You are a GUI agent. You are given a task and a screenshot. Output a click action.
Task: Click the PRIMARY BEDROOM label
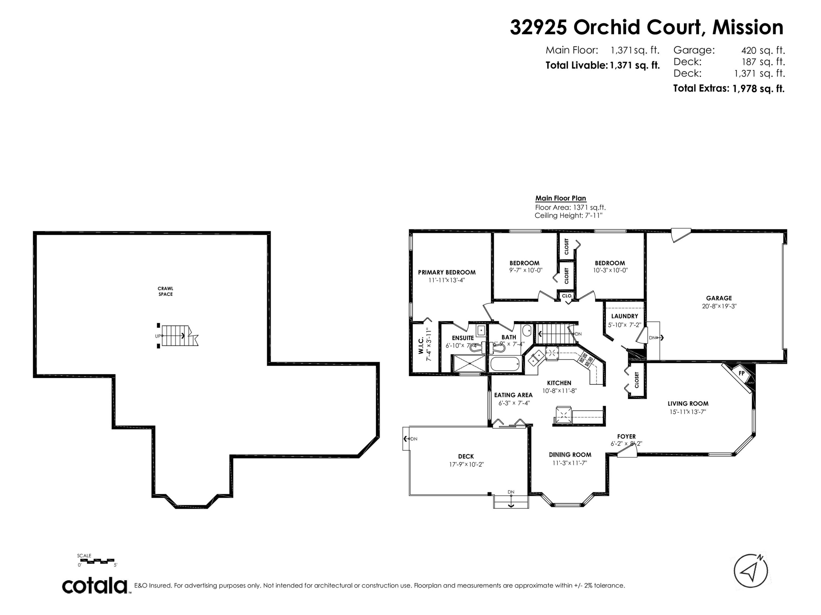(447, 272)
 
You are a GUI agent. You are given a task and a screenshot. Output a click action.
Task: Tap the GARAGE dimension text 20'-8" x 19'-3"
(719, 306)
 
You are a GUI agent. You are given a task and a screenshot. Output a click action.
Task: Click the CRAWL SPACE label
(166, 291)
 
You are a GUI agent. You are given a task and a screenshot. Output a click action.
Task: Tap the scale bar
(97, 561)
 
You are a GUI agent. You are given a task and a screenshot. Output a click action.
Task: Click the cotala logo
(95, 586)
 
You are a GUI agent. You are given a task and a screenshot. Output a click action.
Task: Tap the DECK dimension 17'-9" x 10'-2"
(466, 464)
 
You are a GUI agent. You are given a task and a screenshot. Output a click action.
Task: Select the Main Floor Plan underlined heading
(560, 198)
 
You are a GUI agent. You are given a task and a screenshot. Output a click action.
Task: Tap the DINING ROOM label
(570, 455)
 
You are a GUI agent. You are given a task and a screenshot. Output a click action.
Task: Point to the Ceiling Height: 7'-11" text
(568, 215)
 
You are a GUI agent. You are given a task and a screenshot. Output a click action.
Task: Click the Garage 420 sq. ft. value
(763, 50)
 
